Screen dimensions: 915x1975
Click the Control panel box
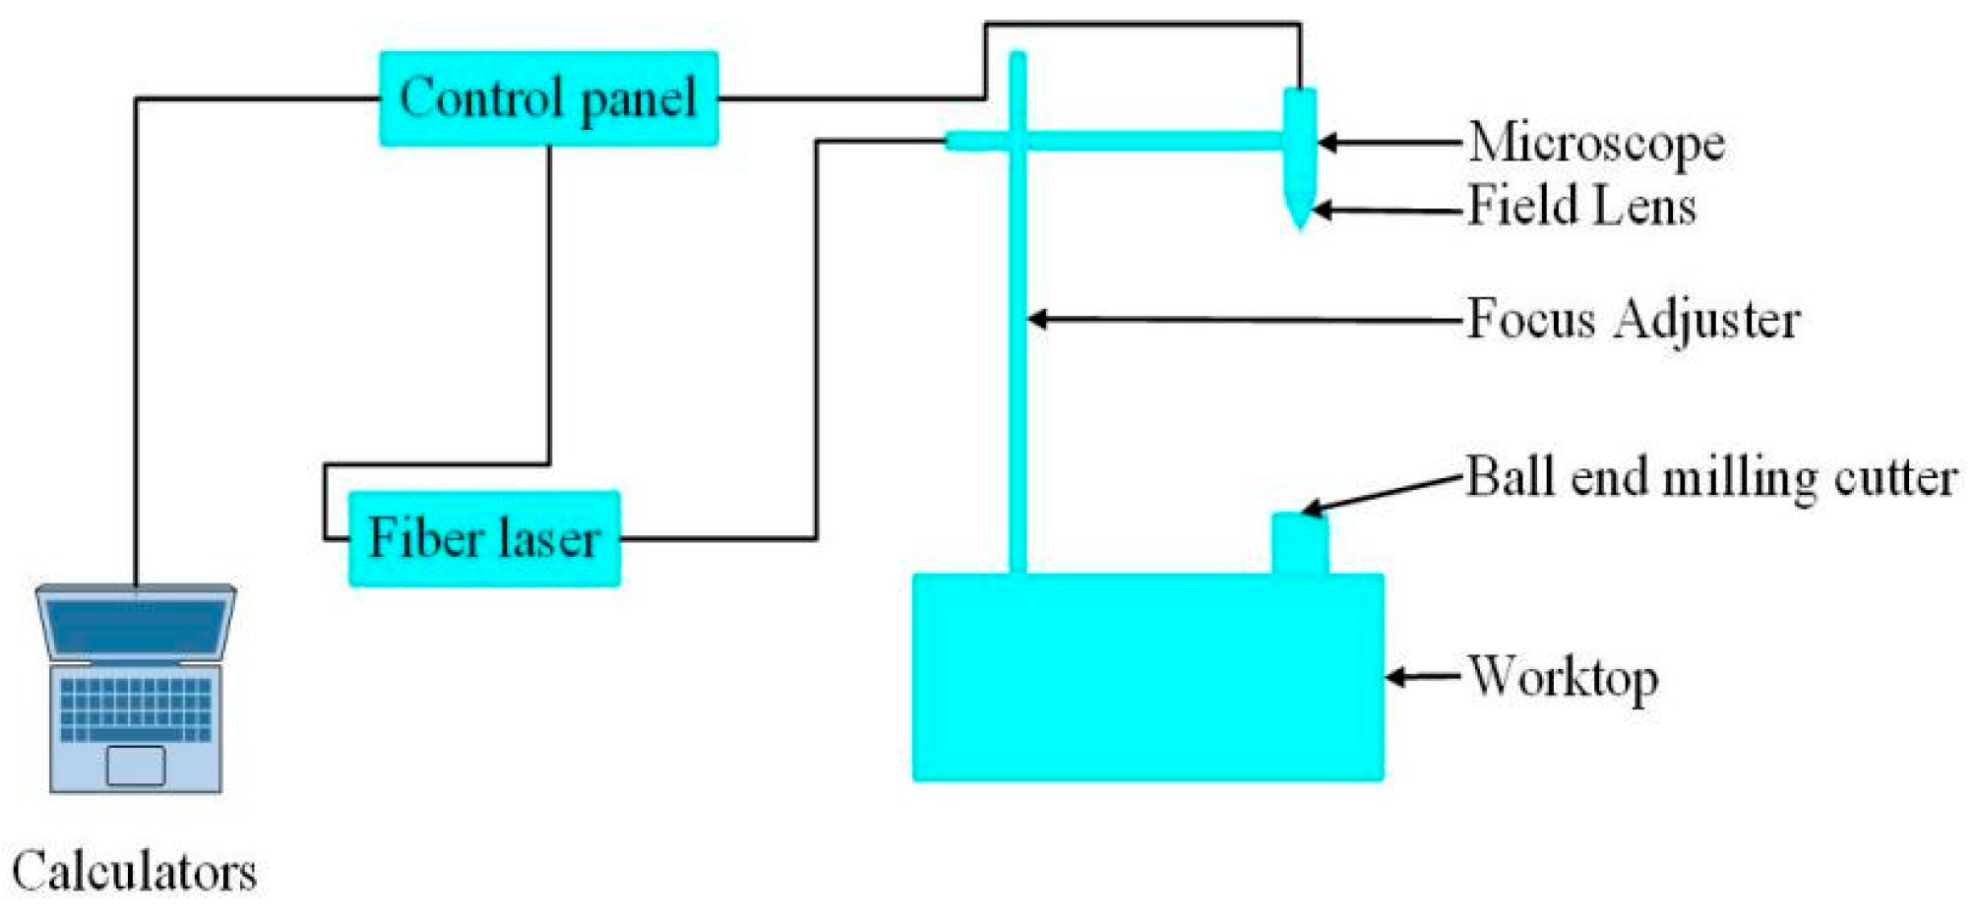click(x=548, y=98)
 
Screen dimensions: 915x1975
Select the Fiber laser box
click(x=484, y=538)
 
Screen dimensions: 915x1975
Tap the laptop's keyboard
click(x=136, y=708)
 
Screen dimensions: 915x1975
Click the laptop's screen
click(x=136, y=626)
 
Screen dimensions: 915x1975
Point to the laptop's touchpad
click(x=136, y=765)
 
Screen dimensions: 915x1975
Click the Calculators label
click(x=134, y=872)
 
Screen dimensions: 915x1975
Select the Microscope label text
click(x=1595, y=144)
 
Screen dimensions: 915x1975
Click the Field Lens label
click(x=1580, y=208)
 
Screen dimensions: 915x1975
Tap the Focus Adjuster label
click(x=1633, y=320)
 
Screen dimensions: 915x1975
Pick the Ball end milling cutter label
click(x=1710, y=478)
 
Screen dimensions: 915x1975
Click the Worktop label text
click(x=1563, y=677)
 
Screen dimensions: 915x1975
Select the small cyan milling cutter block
click(x=1299, y=543)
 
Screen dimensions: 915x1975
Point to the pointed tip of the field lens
click(x=1300, y=222)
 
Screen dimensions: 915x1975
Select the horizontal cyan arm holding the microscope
click(x=1132, y=142)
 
